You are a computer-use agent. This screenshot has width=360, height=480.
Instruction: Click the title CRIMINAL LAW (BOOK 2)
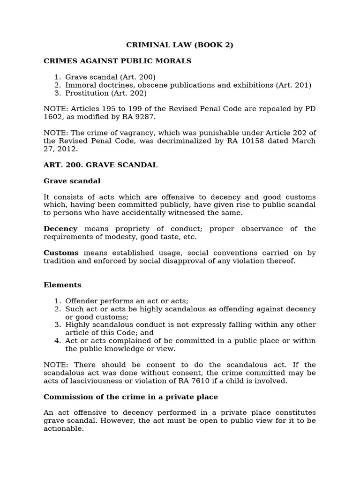tap(180, 45)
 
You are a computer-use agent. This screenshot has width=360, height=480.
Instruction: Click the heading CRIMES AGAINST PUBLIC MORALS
tap(117, 61)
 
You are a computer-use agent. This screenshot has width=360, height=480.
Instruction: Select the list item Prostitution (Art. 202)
tap(106, 93)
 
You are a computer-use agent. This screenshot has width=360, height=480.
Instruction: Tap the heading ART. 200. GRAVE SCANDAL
tap(100, 165)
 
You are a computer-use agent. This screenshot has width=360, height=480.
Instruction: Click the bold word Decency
tap(60, 229)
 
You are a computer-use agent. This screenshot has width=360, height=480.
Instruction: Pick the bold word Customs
tap(61, 253)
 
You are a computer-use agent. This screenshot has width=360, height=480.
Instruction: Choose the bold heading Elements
tap(62, 285)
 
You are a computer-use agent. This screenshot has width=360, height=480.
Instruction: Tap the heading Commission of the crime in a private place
tap(131, 397)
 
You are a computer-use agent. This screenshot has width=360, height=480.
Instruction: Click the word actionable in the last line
tap(63, 428)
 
